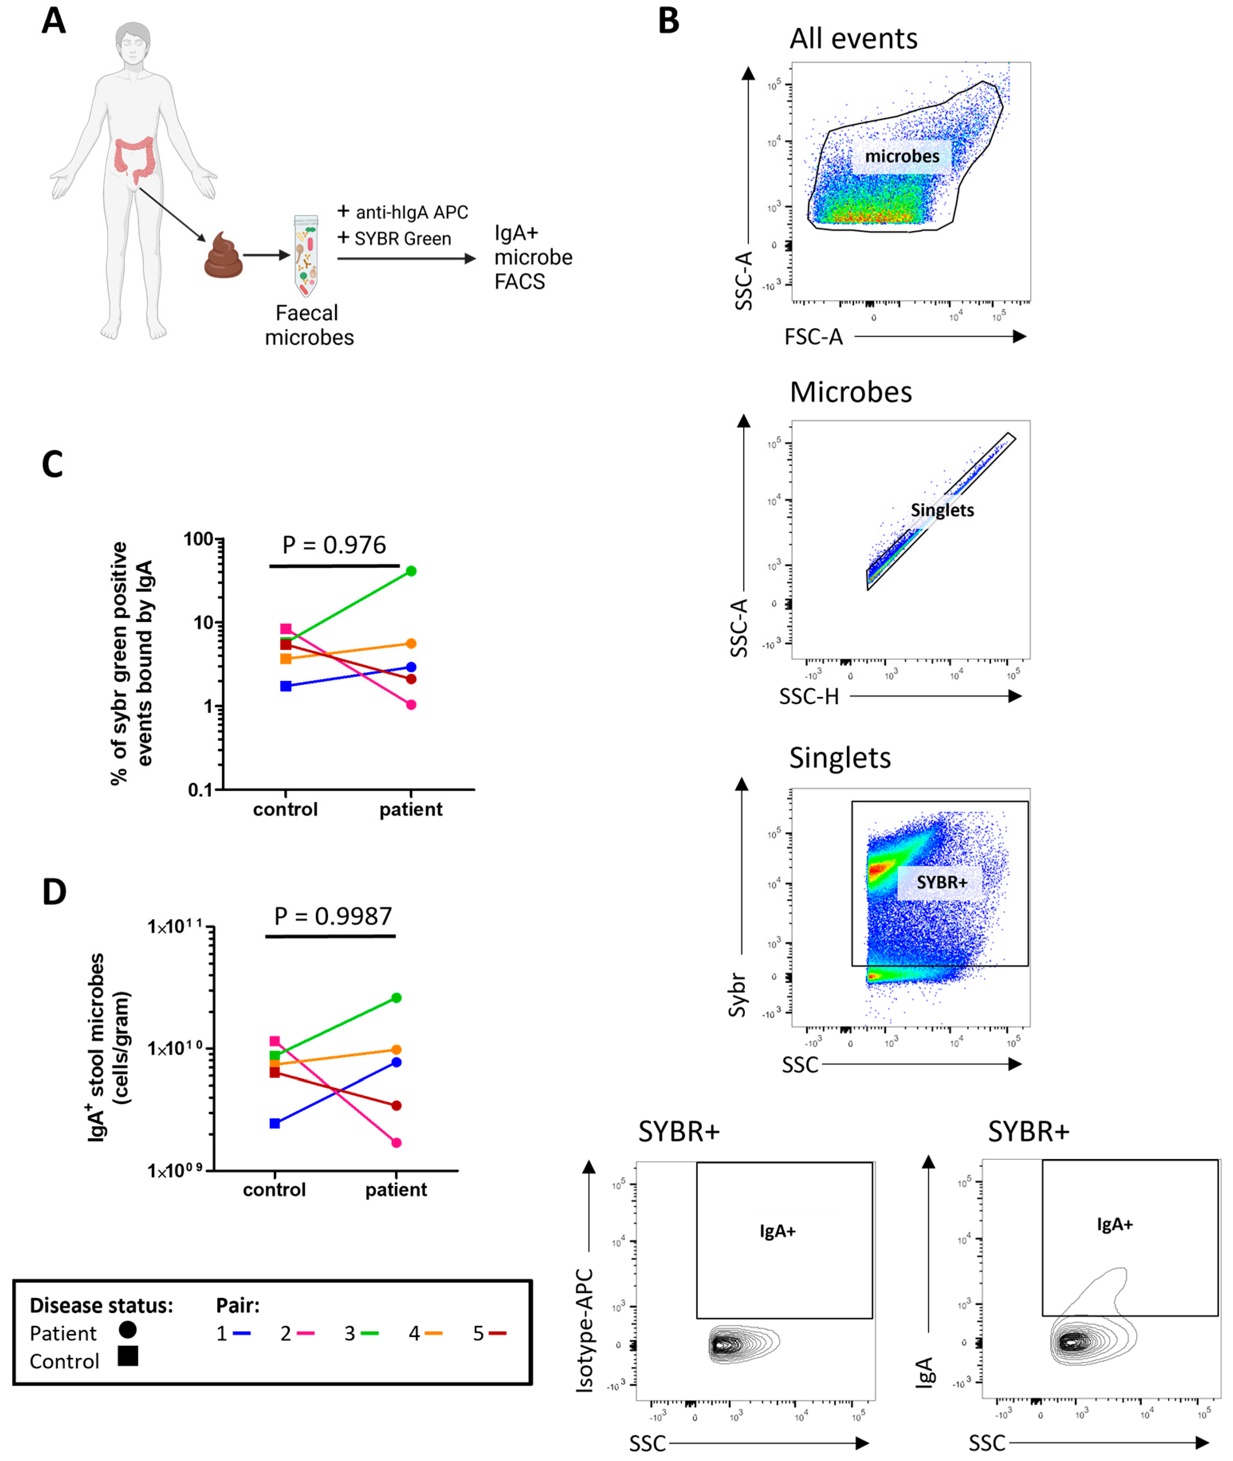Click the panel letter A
[54, 21]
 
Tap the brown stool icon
[224, 257]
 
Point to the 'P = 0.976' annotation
[334, 544]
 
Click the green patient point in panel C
[411, 571]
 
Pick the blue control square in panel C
[286, 686]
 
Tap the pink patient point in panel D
[396, 1143]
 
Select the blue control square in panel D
[275, 1123]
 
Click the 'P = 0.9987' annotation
[334, 916]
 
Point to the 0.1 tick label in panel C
[200, 790]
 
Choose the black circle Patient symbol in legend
[128, 1329]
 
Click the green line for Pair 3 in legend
[370, 1334]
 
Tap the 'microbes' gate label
[902, 156]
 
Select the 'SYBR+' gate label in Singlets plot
[942, 882]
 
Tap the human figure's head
[133, 43]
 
